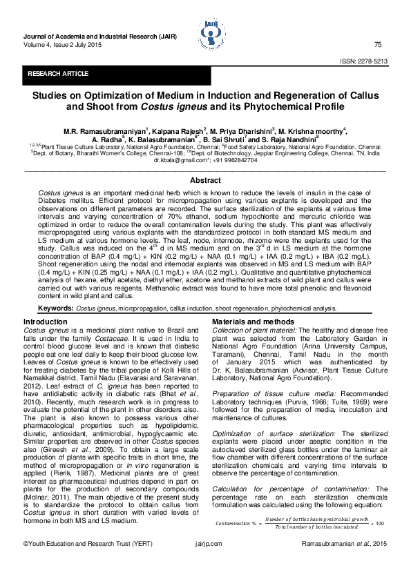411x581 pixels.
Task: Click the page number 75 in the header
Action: coord(378,45)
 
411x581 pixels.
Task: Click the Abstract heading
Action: coord(205,180)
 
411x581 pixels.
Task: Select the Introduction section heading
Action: coord(46,322)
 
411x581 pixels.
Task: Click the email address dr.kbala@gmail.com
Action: coord(181,159)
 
